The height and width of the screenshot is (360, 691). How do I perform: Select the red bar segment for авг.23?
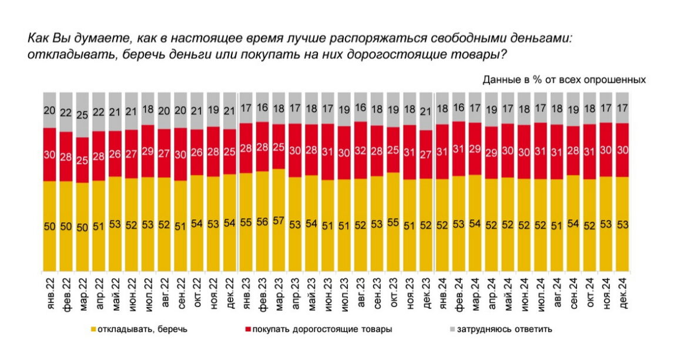click(361, 150)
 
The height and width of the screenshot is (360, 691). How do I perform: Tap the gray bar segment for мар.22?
click(83, 115)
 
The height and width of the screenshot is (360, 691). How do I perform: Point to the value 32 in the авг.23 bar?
click(361, 150)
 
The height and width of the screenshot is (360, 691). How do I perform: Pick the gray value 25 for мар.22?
click(83, 115)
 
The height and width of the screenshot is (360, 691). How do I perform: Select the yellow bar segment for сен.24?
click(571, 226)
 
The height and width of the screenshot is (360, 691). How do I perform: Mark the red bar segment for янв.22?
click(51, 155)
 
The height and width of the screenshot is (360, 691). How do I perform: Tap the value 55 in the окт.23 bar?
click(393, 223)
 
